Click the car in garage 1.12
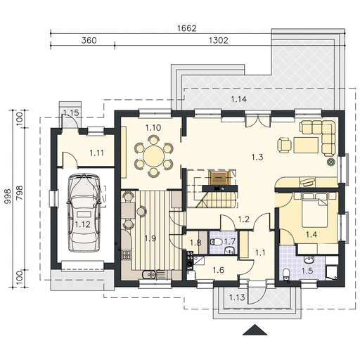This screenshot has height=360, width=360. (84, 213)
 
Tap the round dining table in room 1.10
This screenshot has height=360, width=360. (154, 156)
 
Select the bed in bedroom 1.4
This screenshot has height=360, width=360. (315, 210)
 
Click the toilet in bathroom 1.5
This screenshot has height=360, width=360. (285, 274)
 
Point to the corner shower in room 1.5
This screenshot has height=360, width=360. (331, 272)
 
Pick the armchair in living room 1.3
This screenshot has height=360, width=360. (285, 146)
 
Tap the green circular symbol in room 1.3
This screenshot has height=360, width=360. (331, 162)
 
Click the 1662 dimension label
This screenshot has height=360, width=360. (187, 28)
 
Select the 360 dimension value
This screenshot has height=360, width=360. (89, 40)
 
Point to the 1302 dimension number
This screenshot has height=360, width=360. (219, 41)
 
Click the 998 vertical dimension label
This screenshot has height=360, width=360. (8, 196)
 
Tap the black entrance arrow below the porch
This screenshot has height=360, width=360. (255, 330)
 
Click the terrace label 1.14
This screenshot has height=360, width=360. (239, 99)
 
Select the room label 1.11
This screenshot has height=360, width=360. (97, 153)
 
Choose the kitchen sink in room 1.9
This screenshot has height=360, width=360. (149, 274)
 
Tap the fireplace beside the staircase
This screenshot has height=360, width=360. (219, 181)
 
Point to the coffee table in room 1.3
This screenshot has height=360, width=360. (306, 146)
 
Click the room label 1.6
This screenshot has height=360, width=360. (218, 270)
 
